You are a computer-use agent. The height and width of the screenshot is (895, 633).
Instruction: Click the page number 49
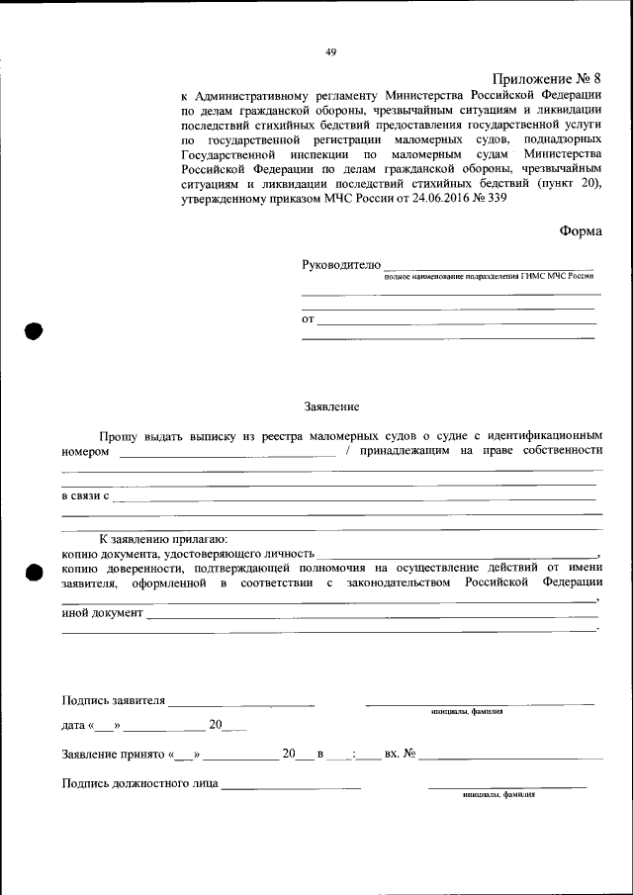click(x=331, y=53)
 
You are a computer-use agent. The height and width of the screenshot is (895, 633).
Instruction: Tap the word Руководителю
click(x=340, y=264)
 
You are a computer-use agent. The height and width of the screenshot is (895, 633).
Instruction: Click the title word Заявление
click(x=330, y=406)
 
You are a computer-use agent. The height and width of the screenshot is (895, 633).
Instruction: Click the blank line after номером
click(x=227, y=454)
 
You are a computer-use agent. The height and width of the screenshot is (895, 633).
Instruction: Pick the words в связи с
click(x=85, y=494)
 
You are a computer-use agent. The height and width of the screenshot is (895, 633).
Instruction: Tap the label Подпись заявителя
click(x=113, y=701)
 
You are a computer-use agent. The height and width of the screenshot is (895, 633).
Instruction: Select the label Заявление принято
click(x=113, y=755)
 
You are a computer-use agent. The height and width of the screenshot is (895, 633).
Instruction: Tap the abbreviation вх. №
click(x=399, y=755)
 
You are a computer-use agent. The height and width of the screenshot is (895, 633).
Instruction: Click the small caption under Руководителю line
click(x=490, y=278)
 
